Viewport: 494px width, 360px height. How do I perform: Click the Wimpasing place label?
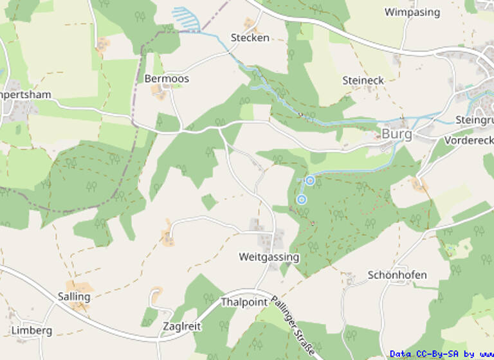tap(412, 12)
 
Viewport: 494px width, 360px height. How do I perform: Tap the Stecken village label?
tap(250, 38)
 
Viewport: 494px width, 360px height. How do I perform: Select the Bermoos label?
tap(167, 78)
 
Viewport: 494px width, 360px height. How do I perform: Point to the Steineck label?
tap(363, 80)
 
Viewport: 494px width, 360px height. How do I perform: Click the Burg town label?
tap(396, 134)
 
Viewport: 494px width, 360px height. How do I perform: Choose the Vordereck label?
tap(469, 140)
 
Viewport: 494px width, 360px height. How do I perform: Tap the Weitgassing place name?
tap(269, 257)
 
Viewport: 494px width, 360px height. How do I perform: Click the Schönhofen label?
tap(397, 275)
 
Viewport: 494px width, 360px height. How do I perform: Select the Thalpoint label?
tap(244, 302)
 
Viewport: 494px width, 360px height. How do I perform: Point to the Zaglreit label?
tap(182, 326)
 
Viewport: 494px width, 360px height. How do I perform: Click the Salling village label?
tap(74, 297)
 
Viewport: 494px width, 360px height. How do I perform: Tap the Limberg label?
tap(32, 330)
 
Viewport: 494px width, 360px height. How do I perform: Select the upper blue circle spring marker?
tap(310, 181)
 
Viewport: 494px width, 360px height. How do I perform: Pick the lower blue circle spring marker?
tap(301, 200)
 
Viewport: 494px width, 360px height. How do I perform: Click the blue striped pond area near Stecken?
tap(187, 19)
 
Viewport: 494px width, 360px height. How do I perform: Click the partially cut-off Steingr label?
tap(474, 120)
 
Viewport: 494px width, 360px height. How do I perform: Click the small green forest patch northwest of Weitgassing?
tap(209, 202)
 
